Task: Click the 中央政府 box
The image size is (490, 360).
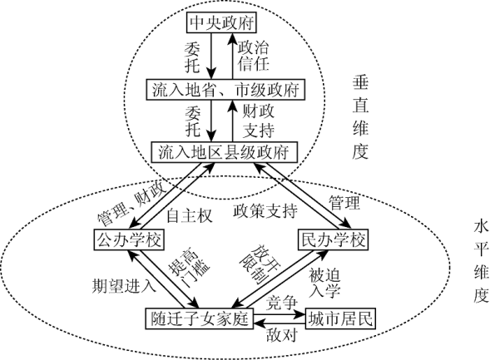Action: (x=221, y=22)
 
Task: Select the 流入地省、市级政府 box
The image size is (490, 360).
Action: (x=225, y=90)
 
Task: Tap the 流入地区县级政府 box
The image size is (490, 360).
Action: (x=224, y=152)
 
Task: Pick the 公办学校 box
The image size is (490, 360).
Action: (x=130, y=239)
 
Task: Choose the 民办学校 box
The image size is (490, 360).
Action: (x=334, y=239)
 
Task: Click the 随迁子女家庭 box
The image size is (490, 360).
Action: (x=200, y=318)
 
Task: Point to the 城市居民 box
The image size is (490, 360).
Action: (x=340, y=318)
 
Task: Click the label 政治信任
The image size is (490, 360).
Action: (x=253, y=57)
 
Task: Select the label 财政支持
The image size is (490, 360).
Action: (x=259, y=121)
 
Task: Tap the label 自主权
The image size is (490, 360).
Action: (x=190, y=215)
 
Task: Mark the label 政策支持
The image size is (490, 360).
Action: (x=265, y=211)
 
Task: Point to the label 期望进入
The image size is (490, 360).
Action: (x=124, y=286)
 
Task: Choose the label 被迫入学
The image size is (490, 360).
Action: (x=324, y=284)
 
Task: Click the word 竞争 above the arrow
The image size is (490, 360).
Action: (x=281, y=303)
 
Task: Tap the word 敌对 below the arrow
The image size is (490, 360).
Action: (x=281, y=336)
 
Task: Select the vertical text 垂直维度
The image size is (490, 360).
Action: (x=360, y=117)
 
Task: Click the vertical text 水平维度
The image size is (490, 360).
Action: (x=481, y=262)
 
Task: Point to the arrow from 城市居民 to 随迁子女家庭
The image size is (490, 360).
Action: (x=279, y=323)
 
